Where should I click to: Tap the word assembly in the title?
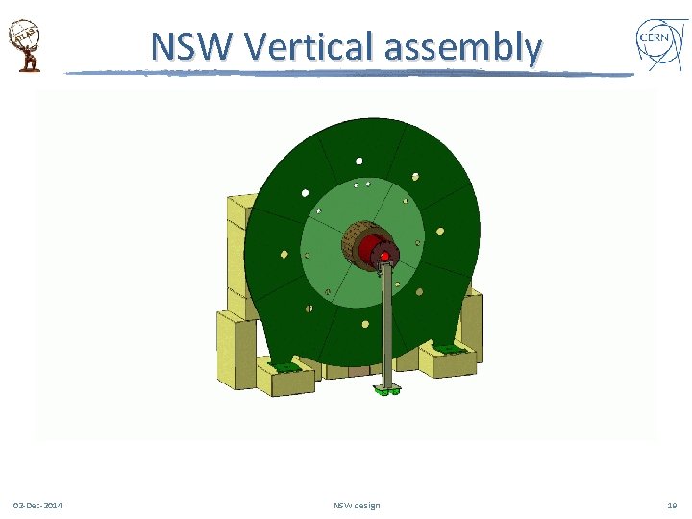pyautogui.click(x=462, y=47)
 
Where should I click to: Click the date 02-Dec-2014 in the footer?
pyautogui.click(x=38, y=506)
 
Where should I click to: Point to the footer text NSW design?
pyautogui.click(x=357, y=506)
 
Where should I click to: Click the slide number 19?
pyautogui.click(x=671, y=506)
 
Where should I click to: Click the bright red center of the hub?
pyautogui.click(x=384, y=257)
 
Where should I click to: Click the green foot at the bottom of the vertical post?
pyautogui.click(x=386, y=390)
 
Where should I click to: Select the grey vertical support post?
pyautogui.click(x=385, y=327)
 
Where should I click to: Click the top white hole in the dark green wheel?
pyautogui.click(x=358, y=161)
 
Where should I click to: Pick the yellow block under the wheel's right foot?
pyautogui.click(x=446, y=361)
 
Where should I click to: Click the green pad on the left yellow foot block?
pyautogui.click(x=286, y=365)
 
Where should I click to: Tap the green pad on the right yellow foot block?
pyautogui.click(x=447, y=347)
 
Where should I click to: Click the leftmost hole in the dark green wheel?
pyautogui.click(x=284, y=254)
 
